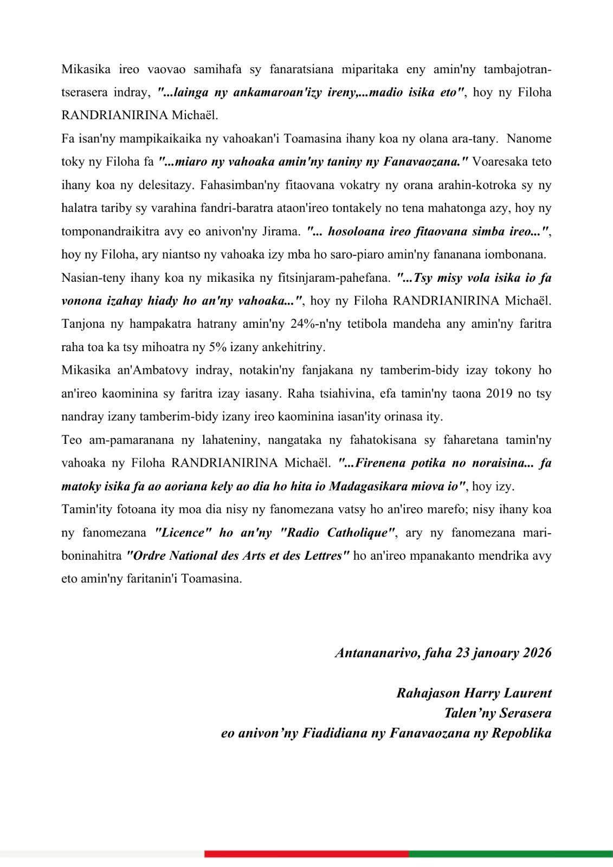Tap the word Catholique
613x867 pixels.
click(360, 533)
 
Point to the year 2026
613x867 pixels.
click(537, 652)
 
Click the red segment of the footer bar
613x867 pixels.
click(306, 854)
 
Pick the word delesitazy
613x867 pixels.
click(163, 185)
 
